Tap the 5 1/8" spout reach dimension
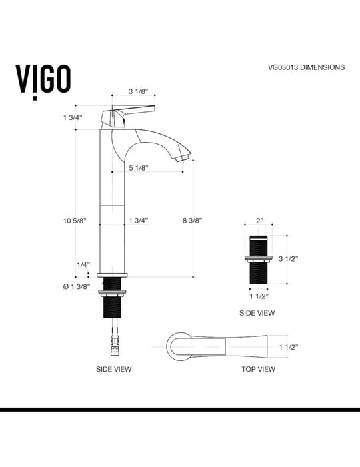137,168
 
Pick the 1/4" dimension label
83,265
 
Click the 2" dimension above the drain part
259,219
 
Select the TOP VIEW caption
257,368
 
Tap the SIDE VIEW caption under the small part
257,312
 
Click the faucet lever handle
133,111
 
